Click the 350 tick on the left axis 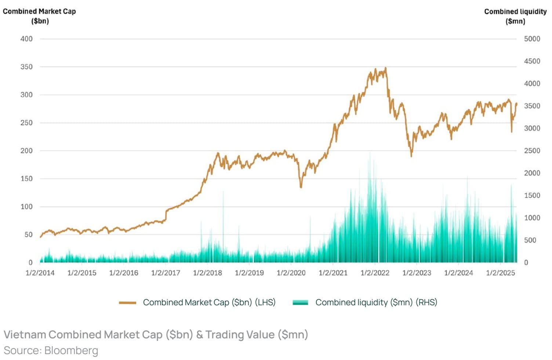coord(26,67)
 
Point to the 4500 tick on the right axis coord(532,61)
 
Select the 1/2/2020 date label coord(291,273)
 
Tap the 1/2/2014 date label coord(40,273)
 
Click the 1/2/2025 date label coord(501,273)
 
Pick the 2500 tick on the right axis coord(532,151)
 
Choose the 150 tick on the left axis coord(26,179)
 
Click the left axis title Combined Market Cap coord(39,11)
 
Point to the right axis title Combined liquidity coord(515,12)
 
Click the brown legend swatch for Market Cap coord(127,303)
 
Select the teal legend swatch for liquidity coord(300,303)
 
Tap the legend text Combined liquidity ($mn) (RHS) coord(376,302)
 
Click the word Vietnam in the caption coord(25,335)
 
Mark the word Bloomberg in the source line coord(71,350)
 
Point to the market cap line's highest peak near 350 coord(385,68)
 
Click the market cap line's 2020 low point coord(301,187)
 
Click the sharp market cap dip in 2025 coord(512,132)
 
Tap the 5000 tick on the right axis coord(532,39)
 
